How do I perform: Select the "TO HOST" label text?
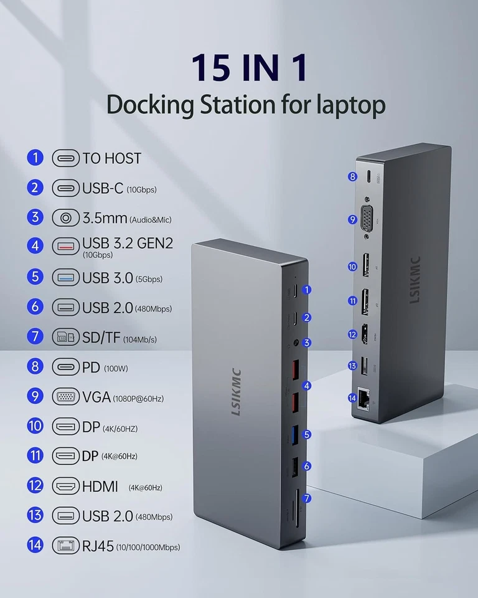[112, 158]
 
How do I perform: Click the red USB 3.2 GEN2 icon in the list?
[65, 246]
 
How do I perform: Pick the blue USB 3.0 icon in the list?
[65, 277]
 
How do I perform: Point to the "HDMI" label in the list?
[100, 486]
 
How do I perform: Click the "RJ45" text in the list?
[98, 546]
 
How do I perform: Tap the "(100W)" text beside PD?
[116, 368]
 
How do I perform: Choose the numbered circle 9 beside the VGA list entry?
[35, 397]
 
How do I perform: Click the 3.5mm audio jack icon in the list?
[65, 217]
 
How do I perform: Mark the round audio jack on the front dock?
[293, 343]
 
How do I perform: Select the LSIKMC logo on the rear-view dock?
[415, 280]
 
